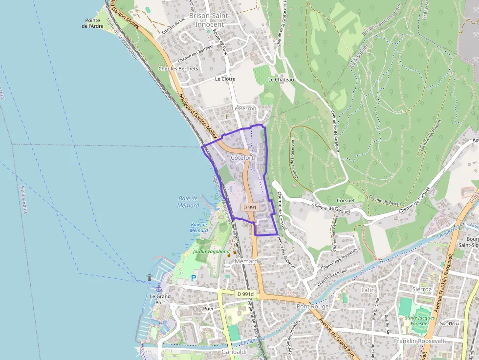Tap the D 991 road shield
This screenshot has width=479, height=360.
[249, 207]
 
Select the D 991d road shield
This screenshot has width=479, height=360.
[246, 294]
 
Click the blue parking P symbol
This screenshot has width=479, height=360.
[194, 278]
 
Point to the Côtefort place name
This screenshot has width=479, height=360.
[242, 158]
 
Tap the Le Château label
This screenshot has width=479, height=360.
[281, 80]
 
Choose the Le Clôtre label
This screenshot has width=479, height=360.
[225, 79]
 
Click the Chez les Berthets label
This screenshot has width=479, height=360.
[178, 69]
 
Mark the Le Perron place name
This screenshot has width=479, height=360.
[244, 108]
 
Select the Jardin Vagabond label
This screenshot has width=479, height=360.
[211, 252]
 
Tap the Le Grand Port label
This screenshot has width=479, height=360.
[160, 299]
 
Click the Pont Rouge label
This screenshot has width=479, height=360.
[312, 306]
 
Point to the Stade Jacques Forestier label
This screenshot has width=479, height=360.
[420, 320]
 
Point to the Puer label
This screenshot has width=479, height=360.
[209, 309]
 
